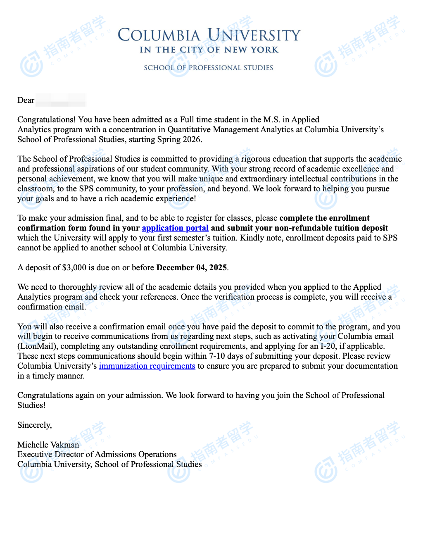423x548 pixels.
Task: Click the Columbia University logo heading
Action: coord(209,35)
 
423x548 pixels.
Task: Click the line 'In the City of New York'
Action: coord(209,50)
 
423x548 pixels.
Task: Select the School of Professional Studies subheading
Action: coord(208,68)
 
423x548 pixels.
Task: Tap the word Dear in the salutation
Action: coord(26,100)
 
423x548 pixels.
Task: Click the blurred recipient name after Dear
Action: coord(60,100)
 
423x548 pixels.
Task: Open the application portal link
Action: coord(175,228)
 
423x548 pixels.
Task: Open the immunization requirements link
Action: coord(147,366)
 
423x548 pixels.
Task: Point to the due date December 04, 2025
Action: coord(192,268)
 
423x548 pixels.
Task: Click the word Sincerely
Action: coord(35,425)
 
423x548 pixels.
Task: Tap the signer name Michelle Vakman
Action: coord(48,445)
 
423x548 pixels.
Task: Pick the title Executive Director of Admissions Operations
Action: coord(97,455)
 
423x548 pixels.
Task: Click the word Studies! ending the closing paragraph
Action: coord(31,405)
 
